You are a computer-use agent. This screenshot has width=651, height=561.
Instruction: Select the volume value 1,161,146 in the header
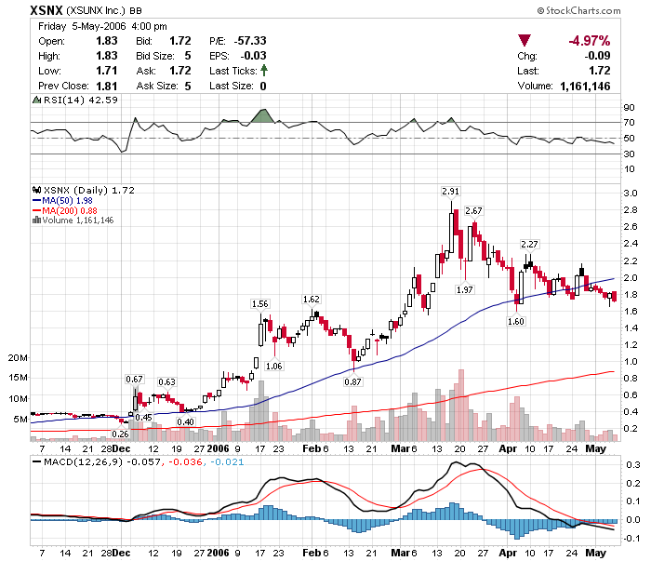[585, 86]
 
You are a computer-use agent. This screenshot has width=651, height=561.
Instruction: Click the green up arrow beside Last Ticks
[263, 71]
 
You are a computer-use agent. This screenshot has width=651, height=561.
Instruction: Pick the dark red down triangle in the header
[525, 40]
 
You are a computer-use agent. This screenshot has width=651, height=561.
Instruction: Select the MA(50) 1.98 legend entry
[67, 200]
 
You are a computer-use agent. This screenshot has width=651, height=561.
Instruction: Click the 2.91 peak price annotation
[450, 191]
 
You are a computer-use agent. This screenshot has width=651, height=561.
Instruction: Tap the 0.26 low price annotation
[119, 434]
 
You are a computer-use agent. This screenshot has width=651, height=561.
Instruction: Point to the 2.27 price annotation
[530, 244]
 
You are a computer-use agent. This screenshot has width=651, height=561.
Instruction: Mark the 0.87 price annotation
[352, 381]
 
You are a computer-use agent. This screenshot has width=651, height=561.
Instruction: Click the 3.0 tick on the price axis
[629, 194]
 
